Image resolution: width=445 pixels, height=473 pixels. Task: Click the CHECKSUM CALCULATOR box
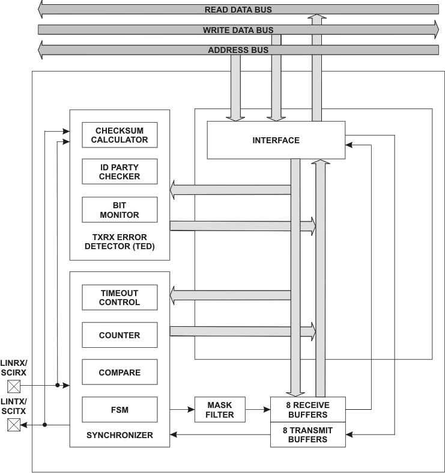[120, 135]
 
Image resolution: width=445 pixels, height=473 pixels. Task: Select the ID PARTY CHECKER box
[120, 172]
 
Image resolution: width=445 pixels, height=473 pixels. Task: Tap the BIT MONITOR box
[120, 210]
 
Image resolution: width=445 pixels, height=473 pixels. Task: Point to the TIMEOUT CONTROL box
[120, 297]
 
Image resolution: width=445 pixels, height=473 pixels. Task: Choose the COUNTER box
[120, 335]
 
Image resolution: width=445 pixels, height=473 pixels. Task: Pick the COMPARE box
[120, 373]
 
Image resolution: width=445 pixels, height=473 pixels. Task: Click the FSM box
[120, 410]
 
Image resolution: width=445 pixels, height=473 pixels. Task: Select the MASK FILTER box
[219, 410]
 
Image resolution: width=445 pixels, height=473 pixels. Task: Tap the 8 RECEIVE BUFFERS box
[308, 410]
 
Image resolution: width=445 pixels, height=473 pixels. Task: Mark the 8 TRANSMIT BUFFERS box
[308, 434]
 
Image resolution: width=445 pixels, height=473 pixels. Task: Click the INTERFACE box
[276, 140]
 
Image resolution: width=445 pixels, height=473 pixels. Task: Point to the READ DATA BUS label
[238, 10]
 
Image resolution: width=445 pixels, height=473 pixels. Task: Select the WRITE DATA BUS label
[238, 29]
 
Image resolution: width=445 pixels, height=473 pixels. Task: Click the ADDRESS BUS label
[238, 50]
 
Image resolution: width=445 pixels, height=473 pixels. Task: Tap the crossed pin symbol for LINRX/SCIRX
[13, 385]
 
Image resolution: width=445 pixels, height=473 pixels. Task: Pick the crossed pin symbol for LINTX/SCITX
[13, 425]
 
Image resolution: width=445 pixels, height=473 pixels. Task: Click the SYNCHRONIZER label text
[120, 435]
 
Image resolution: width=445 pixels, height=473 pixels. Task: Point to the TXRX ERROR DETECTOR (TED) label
[120, 242]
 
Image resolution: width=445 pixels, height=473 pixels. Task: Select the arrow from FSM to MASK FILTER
[182, 410]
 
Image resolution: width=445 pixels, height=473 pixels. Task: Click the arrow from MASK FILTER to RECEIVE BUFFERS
[258, 410]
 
